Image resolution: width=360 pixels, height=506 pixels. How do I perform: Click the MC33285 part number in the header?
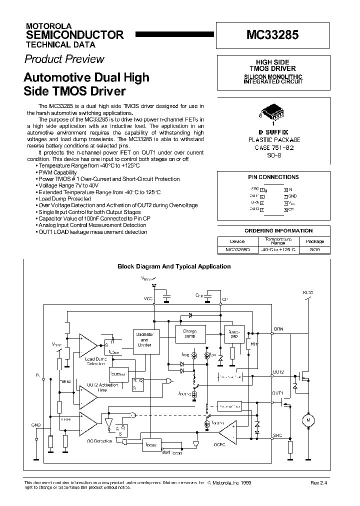point(272,36)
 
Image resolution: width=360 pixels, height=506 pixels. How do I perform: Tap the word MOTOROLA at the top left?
point(48,25)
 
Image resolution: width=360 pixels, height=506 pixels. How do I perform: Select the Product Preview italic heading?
point(64,59)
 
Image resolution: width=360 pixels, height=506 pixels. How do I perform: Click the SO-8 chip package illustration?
point(273,113)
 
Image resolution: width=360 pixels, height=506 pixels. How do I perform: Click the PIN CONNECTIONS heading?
point(273,177)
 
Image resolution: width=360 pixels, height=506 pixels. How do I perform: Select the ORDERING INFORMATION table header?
point(279,231)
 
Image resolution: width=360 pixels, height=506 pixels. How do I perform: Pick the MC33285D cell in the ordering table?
point(237,248)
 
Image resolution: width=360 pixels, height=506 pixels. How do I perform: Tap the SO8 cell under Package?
point(313,248)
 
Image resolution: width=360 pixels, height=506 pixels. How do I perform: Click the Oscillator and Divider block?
point(144,339)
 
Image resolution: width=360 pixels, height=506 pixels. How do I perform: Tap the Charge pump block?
point(190,333)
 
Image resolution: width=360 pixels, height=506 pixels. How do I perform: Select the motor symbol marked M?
point(308,420)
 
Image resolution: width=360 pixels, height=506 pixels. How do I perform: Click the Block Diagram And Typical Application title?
point(174,266)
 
